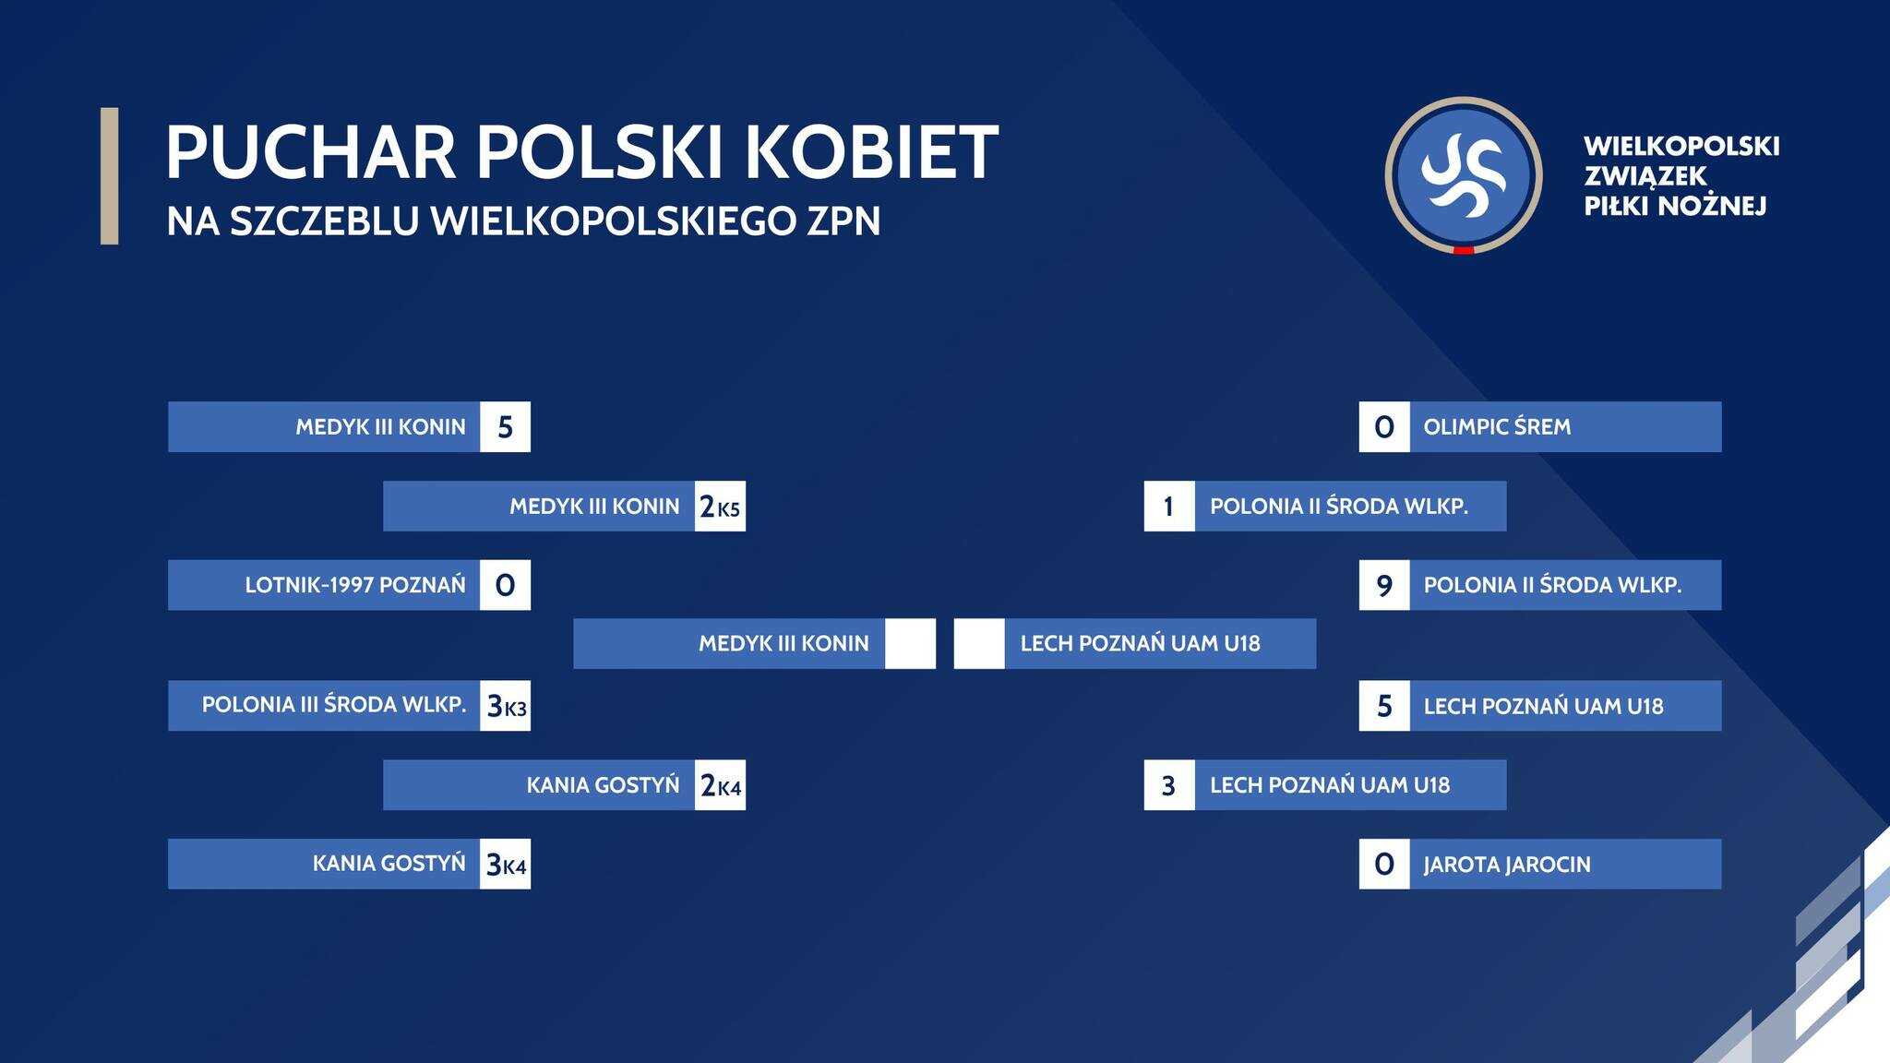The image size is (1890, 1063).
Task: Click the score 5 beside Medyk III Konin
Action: coord(505,426)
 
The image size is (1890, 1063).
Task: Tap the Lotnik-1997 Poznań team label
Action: coord(355,585)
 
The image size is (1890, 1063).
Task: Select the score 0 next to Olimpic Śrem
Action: coord(1384,426)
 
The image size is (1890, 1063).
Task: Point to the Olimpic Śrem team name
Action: coord(1497,426)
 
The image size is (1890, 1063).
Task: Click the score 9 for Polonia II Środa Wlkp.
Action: coord(1384,585)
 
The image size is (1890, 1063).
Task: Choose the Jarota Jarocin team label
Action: coord(1507,865)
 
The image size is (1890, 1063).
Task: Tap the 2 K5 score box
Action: coord(720,506)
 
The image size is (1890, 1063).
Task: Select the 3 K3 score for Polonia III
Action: coord(505,706)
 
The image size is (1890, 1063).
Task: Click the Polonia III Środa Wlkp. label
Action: coord(334,705)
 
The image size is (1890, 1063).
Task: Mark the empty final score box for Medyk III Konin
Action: coord(910,643)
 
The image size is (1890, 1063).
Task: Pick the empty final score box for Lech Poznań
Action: coord(979,643)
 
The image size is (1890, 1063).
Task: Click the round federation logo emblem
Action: coord(1464,175)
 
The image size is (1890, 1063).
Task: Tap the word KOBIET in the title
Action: coord(871,150)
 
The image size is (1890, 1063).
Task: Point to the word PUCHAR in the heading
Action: coord(311,150)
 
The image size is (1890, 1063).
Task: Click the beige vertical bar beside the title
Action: coord(109,176)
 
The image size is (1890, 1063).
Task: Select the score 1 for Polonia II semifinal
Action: coord(1169,506)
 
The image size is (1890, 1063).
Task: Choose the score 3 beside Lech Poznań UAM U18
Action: coord(1169,785)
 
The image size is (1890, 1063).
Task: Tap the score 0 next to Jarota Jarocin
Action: coord(1384,865)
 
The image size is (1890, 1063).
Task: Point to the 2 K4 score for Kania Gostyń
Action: coord(720,785)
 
